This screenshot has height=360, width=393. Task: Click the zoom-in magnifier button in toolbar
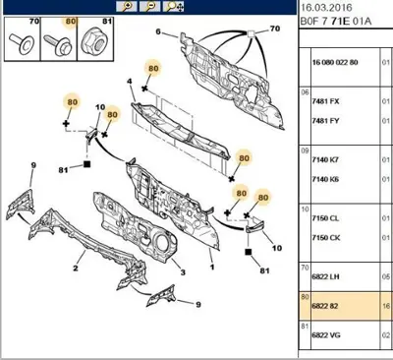126,7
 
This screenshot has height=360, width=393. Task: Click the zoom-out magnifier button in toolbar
150,7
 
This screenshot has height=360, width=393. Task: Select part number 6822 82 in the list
325,306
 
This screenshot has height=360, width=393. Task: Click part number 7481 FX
325,101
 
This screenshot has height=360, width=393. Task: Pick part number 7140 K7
325,160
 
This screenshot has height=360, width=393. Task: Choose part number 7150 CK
326,238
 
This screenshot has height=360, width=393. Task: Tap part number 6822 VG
326,335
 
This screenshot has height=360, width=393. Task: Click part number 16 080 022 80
335,62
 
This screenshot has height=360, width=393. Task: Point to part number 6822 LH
325,276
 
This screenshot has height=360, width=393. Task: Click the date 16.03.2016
326,8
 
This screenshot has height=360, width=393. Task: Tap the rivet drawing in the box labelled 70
21,42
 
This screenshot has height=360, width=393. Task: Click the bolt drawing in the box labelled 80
58,44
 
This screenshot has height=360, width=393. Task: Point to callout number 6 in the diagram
158,31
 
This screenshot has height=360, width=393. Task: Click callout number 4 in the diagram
130,81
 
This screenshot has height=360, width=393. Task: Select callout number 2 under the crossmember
76,269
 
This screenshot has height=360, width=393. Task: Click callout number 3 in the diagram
183,272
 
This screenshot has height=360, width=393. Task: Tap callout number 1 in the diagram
212,268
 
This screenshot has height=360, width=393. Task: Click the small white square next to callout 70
252,33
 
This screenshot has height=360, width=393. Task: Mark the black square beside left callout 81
86,164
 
